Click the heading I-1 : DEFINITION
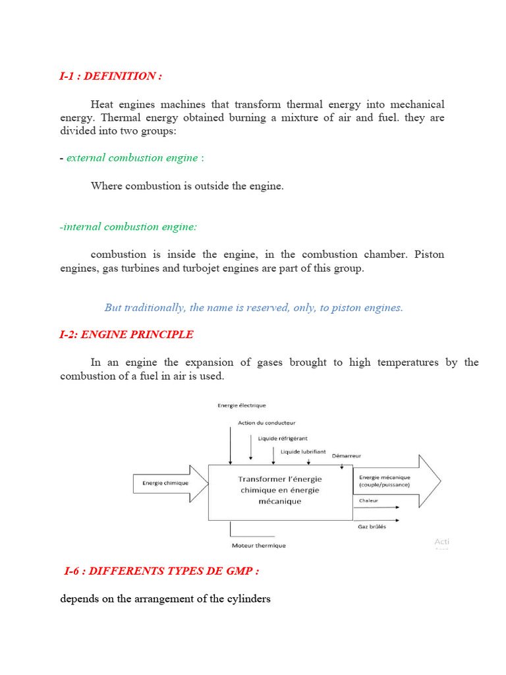(x=111, y=76)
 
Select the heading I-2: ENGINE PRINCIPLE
(x=126, y=335)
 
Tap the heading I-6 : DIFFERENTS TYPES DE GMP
(x=162, y=571)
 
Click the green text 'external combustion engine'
(x=132, y=158)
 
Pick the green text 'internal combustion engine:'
(x=128, y=227)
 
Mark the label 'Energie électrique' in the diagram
(x=242, y=405)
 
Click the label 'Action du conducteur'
(x=267, y=423)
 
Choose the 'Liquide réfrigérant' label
(x=283, y=438)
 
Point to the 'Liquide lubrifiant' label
(x=303, y=452)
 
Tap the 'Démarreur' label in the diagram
(x=347, y=455)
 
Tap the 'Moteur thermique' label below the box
(x=259, y=546)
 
